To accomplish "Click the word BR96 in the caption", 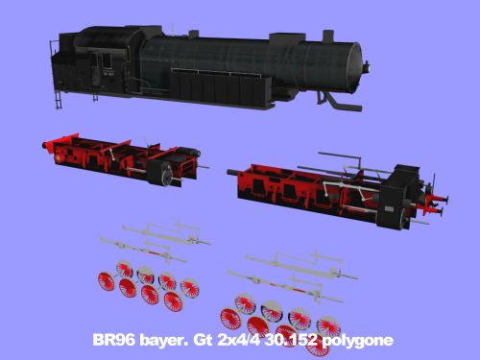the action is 113,340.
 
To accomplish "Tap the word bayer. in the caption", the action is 163,341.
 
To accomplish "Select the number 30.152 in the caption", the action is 287,340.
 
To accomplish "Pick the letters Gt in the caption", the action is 203,340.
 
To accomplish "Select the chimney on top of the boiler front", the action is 328,36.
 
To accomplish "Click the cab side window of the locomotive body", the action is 103,60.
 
